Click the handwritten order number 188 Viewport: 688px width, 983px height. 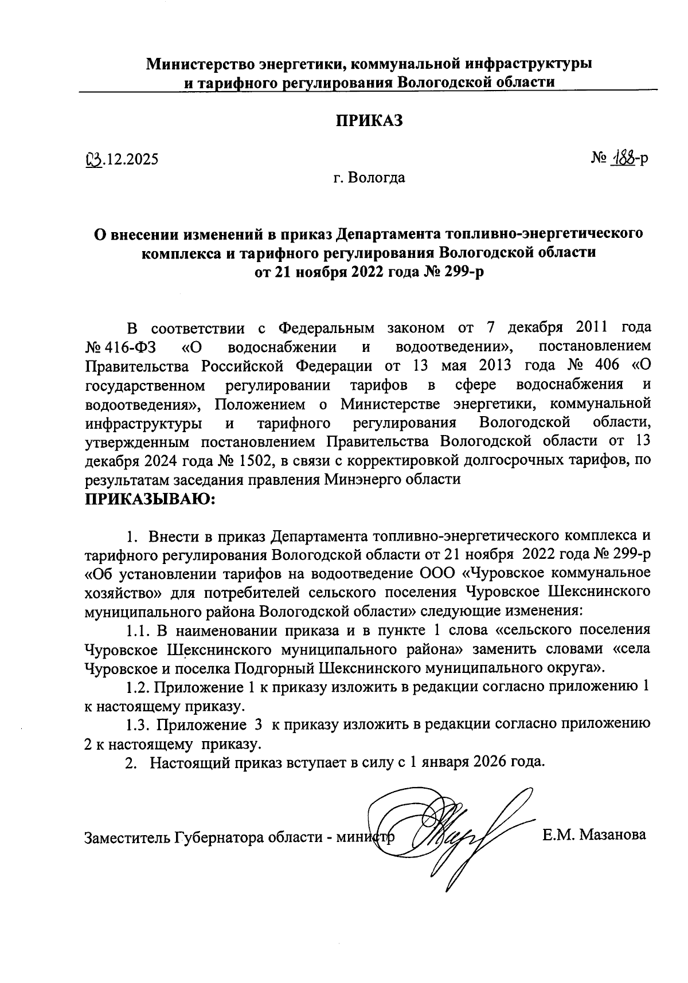pyautogui.click(x=622, y=158)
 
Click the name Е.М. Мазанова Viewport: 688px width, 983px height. pyautogui.click(x=595, y=835)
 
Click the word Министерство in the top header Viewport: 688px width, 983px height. pyautogui.click(x=203, y=63)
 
